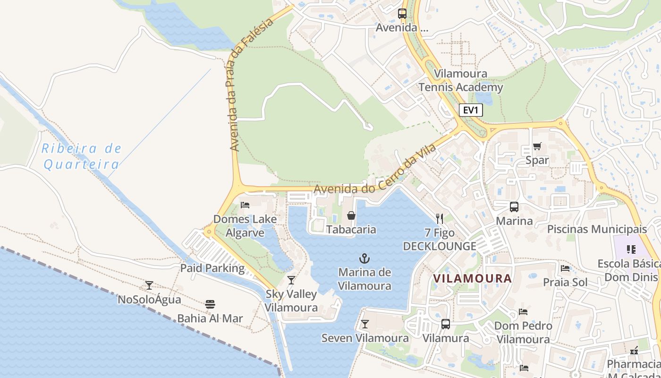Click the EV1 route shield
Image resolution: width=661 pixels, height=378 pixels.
tap(471, 111)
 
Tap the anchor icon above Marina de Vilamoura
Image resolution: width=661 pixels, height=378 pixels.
tap(364, 258)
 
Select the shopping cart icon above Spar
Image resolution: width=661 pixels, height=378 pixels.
tap(537, 146)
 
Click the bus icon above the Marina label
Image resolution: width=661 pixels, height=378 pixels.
tap(514, 207)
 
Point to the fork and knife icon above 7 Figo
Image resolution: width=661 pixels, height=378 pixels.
tap(440, 218)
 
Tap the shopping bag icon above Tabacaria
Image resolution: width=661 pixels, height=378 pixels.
tap(351, 215)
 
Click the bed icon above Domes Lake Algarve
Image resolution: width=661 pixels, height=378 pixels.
tap(245, 205)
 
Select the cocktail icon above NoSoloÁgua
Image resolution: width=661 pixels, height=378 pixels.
tap(149, 285)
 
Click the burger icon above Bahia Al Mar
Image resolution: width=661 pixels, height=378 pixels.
tap(210, 304)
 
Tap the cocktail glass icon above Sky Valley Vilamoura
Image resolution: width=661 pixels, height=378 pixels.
tap(291, 280)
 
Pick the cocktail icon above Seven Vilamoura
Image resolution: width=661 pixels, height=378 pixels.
tap(364, 324)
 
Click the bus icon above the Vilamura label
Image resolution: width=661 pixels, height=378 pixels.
tap(445, 324)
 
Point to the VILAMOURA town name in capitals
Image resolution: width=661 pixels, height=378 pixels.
tap(472, 278)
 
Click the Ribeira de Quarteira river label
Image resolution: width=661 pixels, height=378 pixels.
tap(82, 156)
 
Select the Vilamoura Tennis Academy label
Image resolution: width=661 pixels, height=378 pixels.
tap(460, 80)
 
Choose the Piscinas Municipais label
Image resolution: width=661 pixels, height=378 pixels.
tap(597, 229)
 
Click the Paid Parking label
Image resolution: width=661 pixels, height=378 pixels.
tap(212, 268)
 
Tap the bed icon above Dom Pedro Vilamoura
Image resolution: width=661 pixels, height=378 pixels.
tap(523, 312)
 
